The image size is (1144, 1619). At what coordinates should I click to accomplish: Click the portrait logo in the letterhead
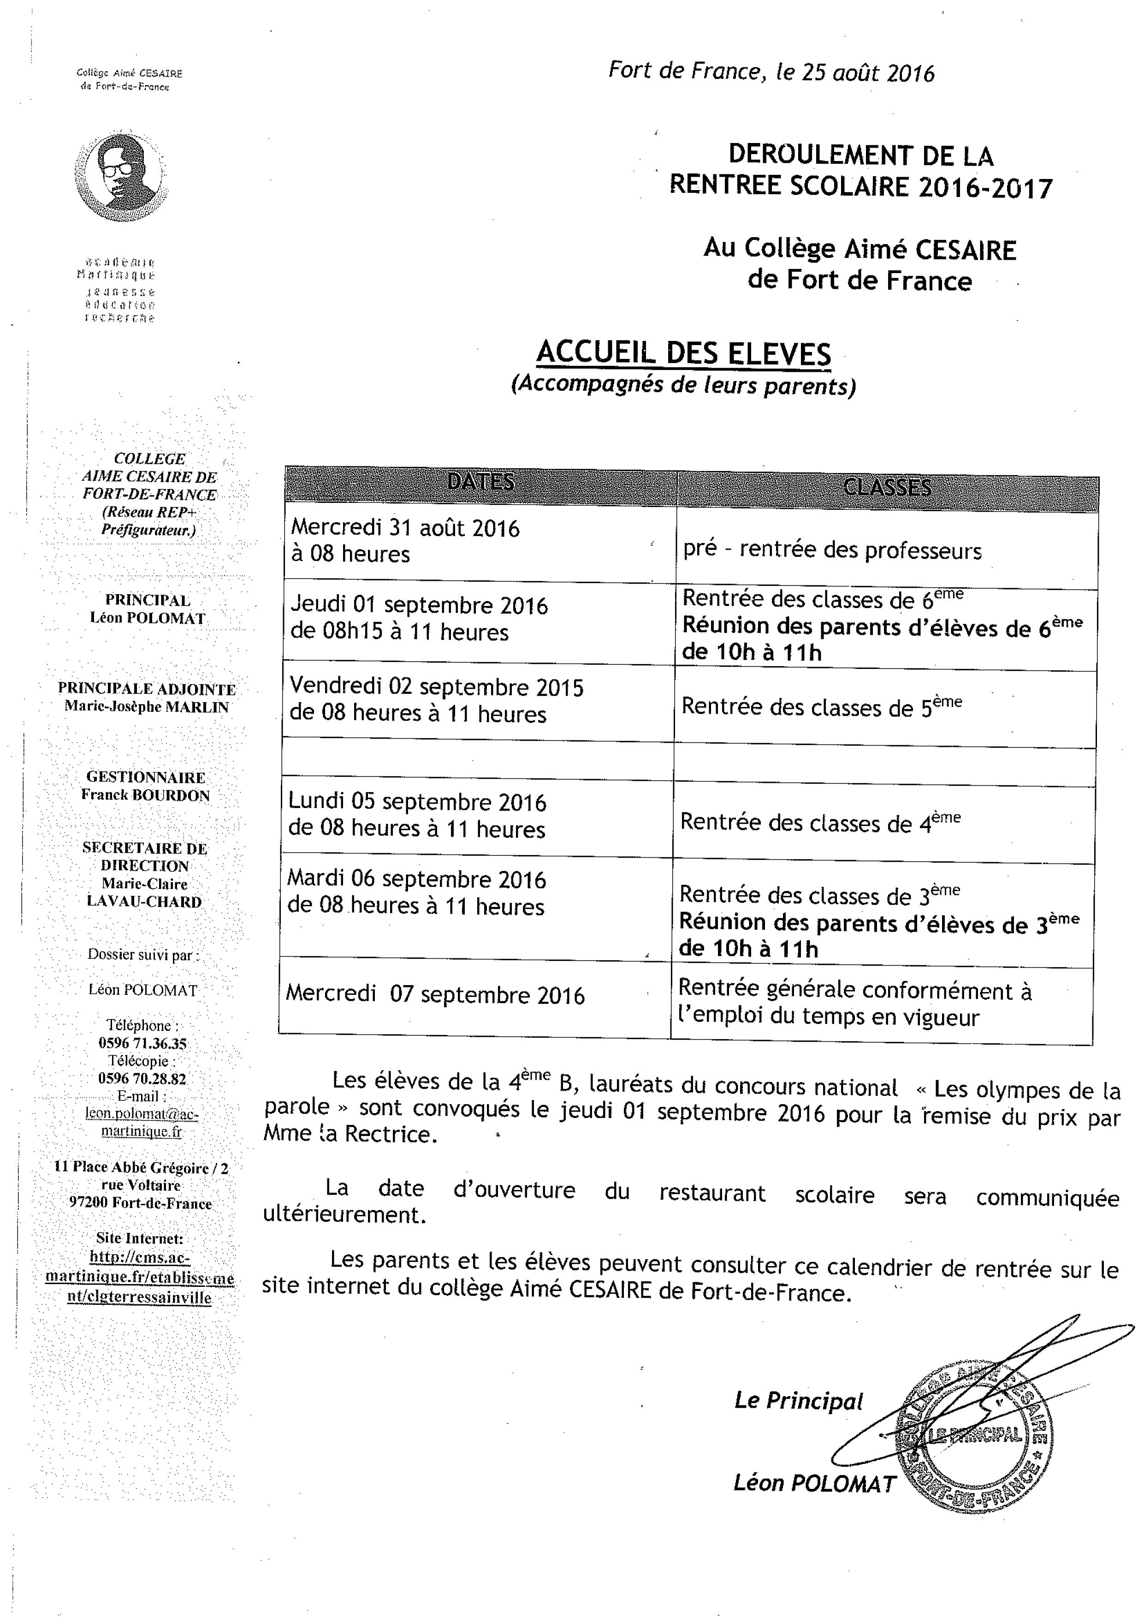point(121,173)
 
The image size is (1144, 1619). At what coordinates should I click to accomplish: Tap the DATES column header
point(481,482)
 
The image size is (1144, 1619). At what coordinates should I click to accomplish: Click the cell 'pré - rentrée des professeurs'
point(832,550)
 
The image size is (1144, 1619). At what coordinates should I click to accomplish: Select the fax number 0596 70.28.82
point(142,1079)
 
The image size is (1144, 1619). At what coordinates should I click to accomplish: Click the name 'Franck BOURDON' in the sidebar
point(145,795)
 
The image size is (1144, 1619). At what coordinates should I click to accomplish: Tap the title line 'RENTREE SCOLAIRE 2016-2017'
point(860,186)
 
